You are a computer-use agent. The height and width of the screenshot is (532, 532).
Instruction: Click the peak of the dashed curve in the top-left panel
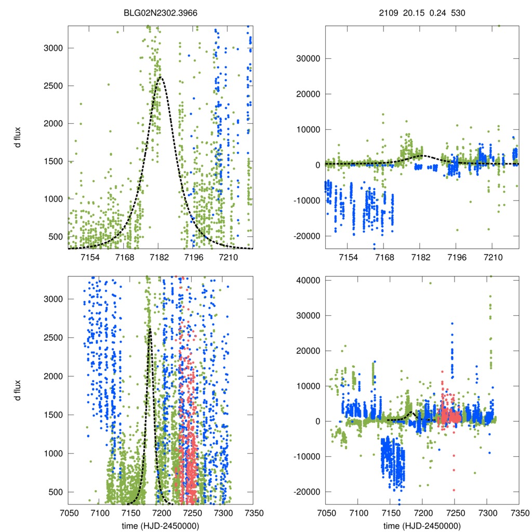(x=160, y=77)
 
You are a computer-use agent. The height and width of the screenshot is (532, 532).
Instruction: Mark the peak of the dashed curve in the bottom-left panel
(x=150, y=329)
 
